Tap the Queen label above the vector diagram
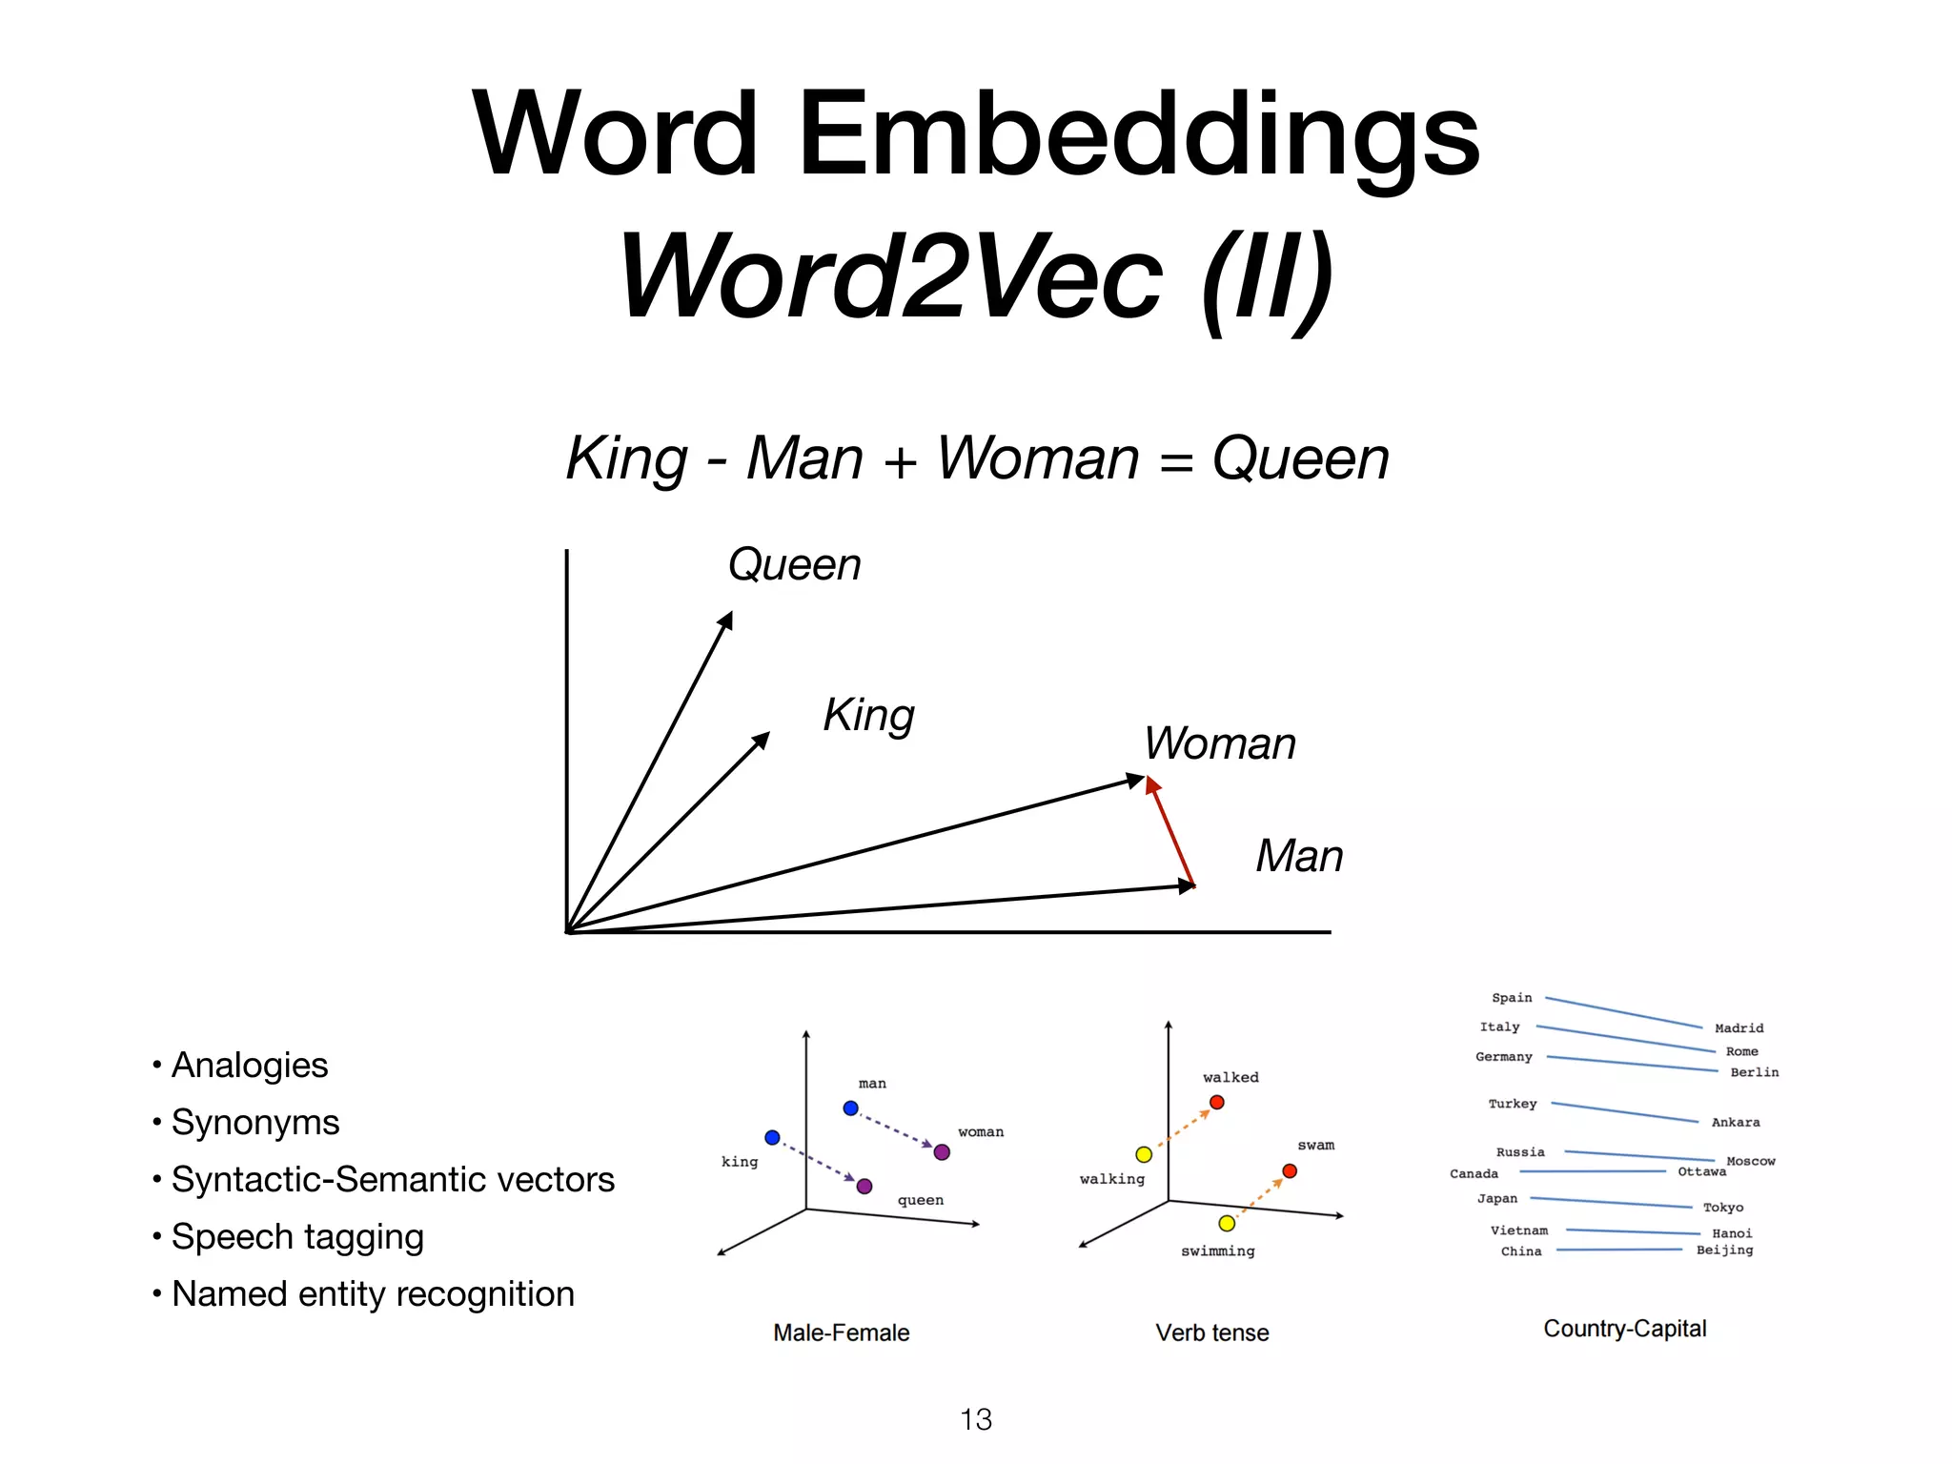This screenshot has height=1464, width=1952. [794, 564]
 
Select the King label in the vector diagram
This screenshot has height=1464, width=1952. [868, 715]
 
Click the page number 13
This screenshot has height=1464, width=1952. [976, 1419]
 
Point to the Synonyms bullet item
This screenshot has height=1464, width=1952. [254, 1123]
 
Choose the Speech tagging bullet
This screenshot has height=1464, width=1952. [296, 1237]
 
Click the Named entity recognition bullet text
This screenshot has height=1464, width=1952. [373, 1294]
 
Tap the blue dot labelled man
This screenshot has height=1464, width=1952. [851, 1108]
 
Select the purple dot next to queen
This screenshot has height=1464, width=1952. [864, 1187]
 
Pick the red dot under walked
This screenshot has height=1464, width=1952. [1217, 1103]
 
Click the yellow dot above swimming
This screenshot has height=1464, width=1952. [1227, 1224]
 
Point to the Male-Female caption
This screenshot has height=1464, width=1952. [841, 1332]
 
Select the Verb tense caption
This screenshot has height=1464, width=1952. [1212, 1332]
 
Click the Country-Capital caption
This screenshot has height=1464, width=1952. [1625, 1329]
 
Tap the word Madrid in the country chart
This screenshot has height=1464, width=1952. [1738, 1028]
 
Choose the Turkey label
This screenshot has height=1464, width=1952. [1513, 1104]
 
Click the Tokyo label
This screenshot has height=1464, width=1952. [1723, 1208]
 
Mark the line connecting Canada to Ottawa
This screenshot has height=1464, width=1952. [1592, 1171]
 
